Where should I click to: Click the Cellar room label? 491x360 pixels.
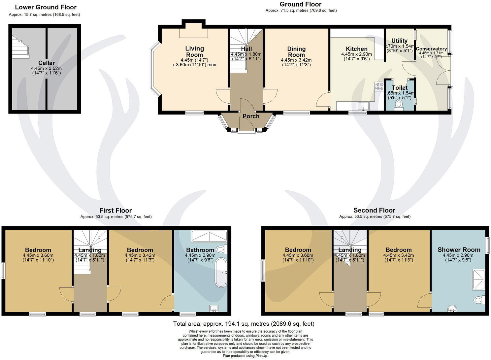point(47,63)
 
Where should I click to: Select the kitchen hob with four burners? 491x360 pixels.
point(379,86)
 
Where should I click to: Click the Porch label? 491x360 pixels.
point(251,116)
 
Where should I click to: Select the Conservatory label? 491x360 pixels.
point(431,49)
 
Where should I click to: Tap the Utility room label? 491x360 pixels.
point(399,41)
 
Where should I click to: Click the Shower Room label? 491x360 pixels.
point(459,250)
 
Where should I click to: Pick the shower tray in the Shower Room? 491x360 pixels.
point(479,280)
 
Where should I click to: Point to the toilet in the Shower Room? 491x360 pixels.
point(478,300)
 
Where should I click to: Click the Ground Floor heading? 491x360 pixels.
point(300,4)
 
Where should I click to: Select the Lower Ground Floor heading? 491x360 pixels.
point(46,7)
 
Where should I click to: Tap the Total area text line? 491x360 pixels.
point(244,324)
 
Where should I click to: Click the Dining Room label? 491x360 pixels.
point(296,52)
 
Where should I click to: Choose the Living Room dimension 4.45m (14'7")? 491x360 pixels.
point(194,60)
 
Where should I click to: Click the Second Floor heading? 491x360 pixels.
point(374,211)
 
